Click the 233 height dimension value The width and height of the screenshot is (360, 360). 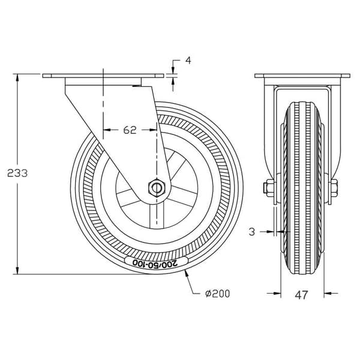point(17,173)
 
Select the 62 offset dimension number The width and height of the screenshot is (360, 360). point(130,130)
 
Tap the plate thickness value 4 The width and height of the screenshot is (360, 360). point(188,61)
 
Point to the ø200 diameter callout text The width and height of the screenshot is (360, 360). point(218,293)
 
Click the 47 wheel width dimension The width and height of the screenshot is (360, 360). point(301,295)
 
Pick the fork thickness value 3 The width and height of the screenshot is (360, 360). point(252,232)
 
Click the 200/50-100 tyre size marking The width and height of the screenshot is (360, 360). point(155,263)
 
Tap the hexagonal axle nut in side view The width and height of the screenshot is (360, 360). point(157,188)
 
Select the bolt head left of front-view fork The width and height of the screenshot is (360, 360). point(268,188)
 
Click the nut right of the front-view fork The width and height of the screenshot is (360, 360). point(334,188)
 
